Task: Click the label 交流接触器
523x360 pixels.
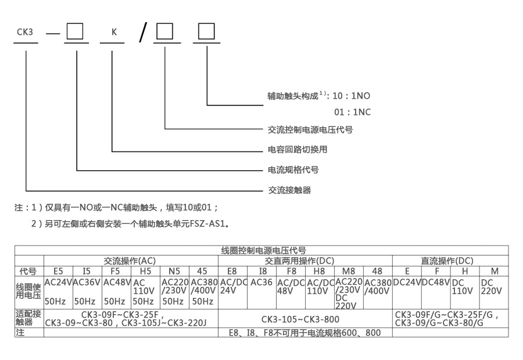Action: click(x=289, y=190)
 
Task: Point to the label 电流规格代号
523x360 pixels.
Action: click(x=293, y=170)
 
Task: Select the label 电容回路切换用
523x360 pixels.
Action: click(x=298, y=149)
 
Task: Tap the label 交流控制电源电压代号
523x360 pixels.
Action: click(x=310, y=129)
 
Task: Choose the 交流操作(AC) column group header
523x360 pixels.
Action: click(x=130, y=261)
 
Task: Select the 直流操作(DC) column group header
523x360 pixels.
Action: click(x=447, y=261)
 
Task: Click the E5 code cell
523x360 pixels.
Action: click(x=58, y=271)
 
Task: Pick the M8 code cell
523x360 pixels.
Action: click(x=349, y=271)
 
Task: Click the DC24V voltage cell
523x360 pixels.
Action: click(x=407, y=282)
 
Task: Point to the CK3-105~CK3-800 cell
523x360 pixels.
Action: click(x=305, y=319)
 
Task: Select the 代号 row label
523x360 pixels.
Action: click(x=28, y=271)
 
